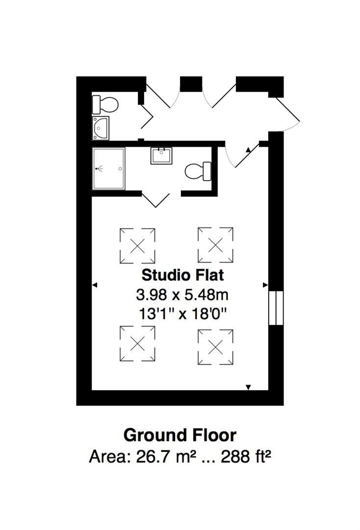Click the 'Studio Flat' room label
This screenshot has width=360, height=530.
click(182, 275)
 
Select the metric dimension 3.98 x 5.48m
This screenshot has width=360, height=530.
click(182, 295)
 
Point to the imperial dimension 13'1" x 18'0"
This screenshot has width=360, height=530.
click(182, 314)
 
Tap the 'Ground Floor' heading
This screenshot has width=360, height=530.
click(180, 435)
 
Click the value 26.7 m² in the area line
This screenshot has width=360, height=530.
click(162, 457)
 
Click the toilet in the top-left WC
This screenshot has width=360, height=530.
click(106, 104)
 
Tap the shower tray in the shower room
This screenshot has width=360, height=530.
click(109, 168)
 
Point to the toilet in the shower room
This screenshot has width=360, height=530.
click(197, 171)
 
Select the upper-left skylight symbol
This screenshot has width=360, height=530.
click(138, 245)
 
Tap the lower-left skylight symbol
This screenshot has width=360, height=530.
click(137, 344)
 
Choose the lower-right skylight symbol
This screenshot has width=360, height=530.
click(215, 347)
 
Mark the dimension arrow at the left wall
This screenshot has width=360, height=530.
click(95, 285)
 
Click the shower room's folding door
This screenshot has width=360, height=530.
click(156, 200)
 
